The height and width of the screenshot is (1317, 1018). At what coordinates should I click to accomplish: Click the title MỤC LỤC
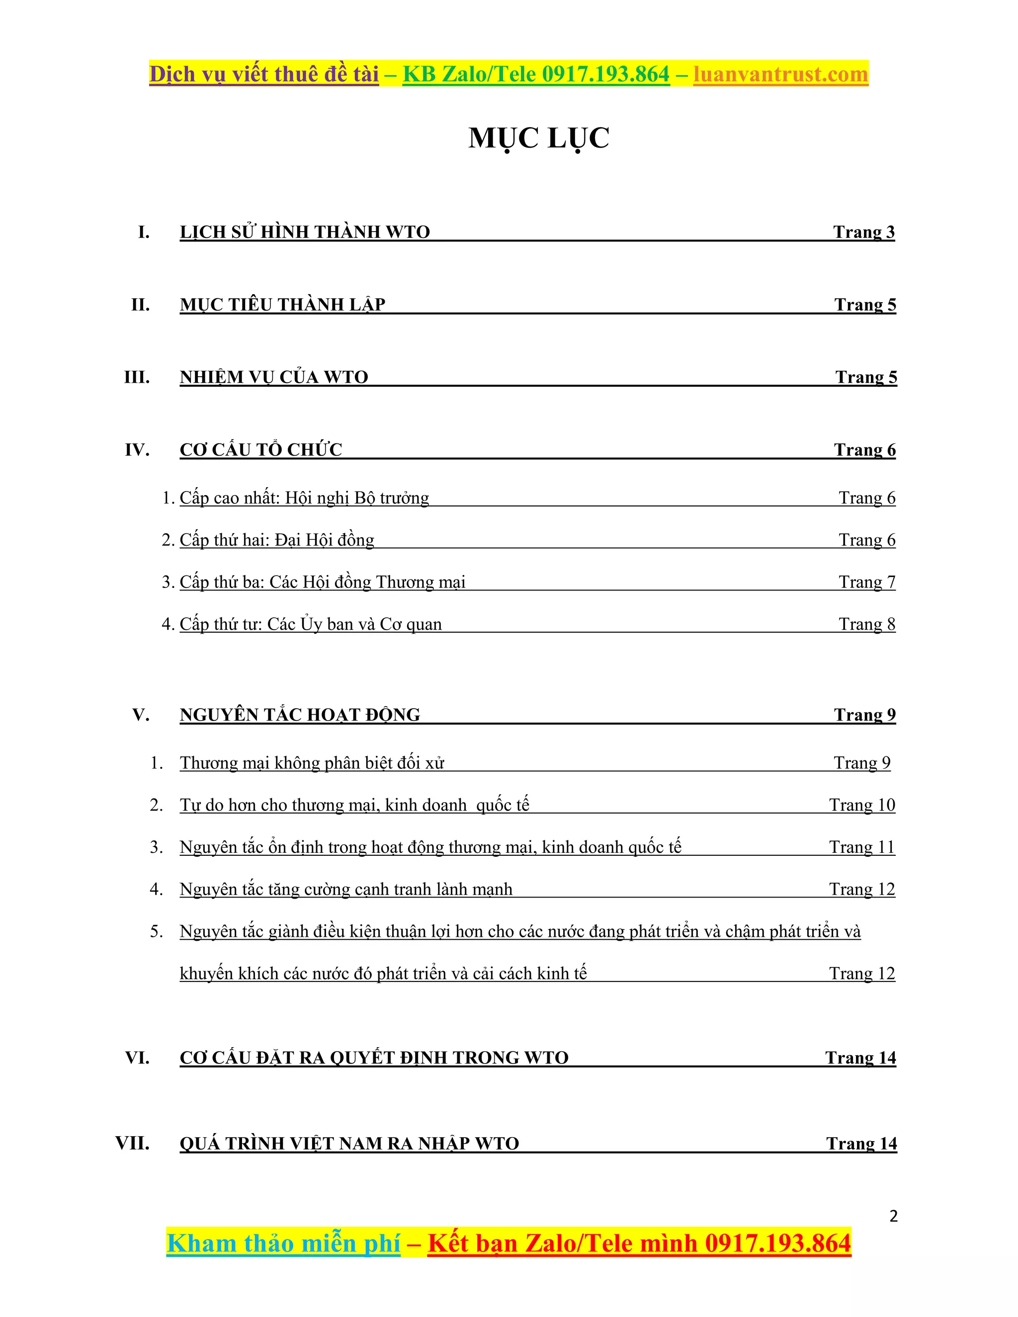click(538, 138)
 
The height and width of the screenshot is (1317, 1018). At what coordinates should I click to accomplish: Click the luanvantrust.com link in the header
click(780, 74)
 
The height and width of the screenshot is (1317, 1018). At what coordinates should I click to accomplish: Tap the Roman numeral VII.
click(133, 1143)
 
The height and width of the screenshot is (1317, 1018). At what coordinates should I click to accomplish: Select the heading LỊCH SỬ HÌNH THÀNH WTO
click(305, 232)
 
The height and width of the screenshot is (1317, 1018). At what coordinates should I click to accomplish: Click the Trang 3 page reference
click(863, 232)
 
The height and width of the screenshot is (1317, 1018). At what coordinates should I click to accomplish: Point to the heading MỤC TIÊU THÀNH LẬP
click(282, 305)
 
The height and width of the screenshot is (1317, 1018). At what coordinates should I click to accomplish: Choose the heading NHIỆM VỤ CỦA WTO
click(274, 377)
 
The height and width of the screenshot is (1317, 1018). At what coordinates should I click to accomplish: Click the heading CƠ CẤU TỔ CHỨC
click(260, 450)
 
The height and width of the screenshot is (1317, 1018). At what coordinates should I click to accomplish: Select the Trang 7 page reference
click(866, 582)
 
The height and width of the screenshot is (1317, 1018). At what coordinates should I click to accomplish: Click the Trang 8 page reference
click(866, 624)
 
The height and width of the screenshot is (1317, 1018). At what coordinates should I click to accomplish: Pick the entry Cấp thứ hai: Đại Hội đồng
click(277, 540)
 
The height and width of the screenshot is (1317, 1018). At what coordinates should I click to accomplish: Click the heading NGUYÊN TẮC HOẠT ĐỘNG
click(300, 715)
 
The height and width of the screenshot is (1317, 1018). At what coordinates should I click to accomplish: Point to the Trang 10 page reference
click(862, 805)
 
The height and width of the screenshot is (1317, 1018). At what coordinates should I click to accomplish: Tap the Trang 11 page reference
click(862, 847)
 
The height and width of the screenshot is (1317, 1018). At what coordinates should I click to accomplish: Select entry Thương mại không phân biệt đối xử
click(312, 763)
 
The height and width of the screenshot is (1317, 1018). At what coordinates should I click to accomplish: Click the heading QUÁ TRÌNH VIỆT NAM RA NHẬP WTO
click(349, 1144)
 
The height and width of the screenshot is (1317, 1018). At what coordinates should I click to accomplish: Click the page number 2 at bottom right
click(893, 1216)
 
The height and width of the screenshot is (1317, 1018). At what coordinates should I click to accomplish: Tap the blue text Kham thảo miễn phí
click(283, 1243)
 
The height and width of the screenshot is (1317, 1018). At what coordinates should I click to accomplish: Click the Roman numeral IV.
click(137, 450)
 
